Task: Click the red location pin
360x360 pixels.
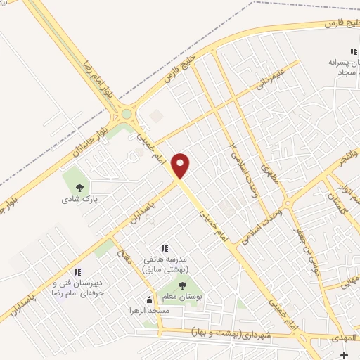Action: click(x=181, y=165)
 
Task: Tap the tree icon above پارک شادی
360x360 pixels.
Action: click(x=79, y=187)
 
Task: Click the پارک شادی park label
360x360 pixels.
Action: click(x=79, y=199)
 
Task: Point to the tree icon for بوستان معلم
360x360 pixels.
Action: click(x=183, y=285)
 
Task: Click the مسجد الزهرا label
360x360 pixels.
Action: click(x=145, y=310)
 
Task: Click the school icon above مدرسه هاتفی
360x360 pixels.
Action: click(x=165, y=248)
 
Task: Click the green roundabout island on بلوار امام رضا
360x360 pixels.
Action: click(x=127, y=113)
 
